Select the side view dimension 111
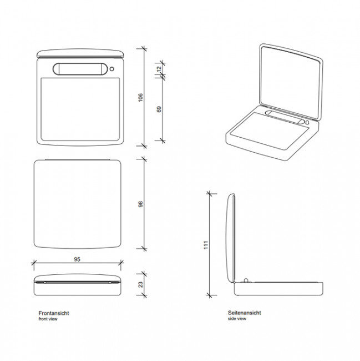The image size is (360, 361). pyautogui.click(x=205, y=244)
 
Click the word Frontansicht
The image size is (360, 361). pyautogui.click(x=54, y=313)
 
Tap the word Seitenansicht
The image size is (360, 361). pyautogui.click(x=244, y=313)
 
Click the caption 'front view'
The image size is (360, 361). pyautogui.click(x=48, y=319)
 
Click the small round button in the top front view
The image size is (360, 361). pyautogui.click(x=113, y=69)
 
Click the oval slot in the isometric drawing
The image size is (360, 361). pyautogui.click(x=284, y=117)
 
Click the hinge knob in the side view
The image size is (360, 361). pyautogui.click(x=245, y=279)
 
